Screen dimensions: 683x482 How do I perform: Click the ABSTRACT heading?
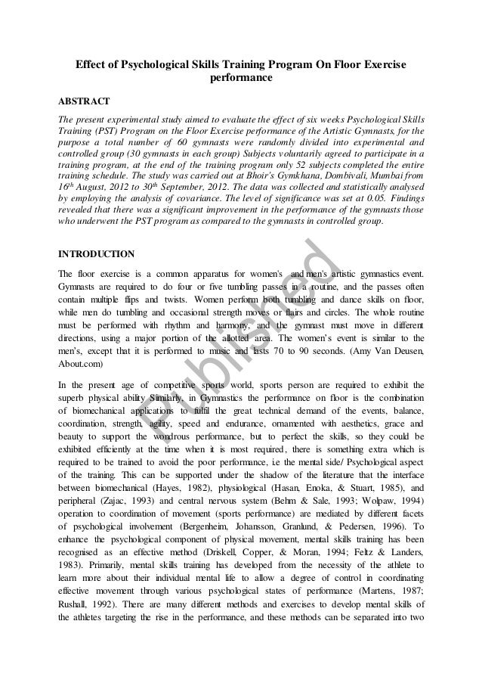pos(84,101)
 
